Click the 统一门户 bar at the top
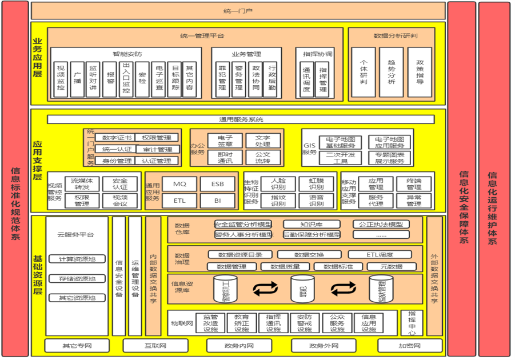tap(238, 10)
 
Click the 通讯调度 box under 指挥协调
tap(306, 81)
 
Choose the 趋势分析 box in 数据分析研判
tap(392, 72)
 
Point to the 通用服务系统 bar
tap(241, 119)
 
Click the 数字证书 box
tap(117, 138)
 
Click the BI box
tap(217, 201)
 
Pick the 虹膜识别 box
tap(316, 184)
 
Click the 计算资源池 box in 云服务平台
tap(77, 259)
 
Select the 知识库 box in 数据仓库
tap(312, 225)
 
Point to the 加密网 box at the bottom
tap(410, 346)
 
